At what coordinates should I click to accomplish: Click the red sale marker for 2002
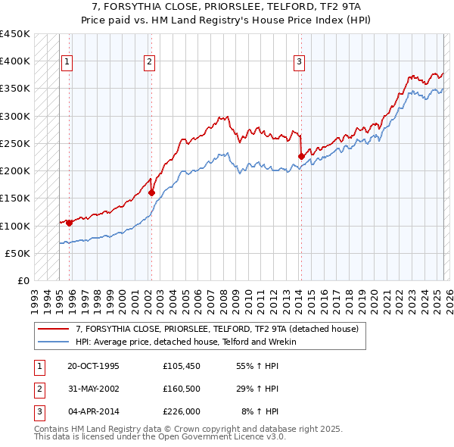(x=151, y=192)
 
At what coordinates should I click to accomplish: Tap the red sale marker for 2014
(x=301, y=157)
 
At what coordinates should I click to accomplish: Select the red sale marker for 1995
(x=69, y=223)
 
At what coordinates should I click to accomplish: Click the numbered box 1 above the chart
(x=67, y=62)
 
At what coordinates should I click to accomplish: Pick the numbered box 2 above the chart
(x=150, y=62)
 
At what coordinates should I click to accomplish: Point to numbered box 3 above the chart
(x=300, y=62)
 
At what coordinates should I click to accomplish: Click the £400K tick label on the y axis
(x=15, y=61)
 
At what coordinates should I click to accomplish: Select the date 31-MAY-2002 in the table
(x=93, y=389)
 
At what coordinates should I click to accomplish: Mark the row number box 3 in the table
(x=38, y=411)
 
